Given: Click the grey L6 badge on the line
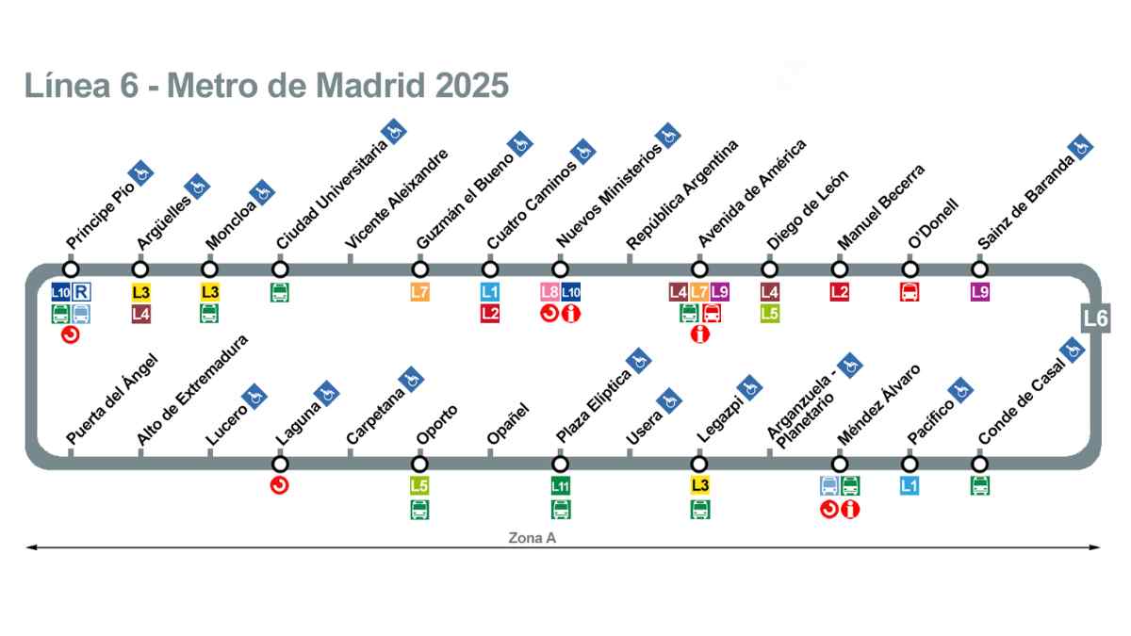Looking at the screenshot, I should pyautogui.click(x=1095, y=318).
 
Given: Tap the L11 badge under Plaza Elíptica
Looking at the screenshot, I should pyautogui.click(x=561, y=486).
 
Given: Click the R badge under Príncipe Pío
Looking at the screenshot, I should pyautogui.click(x=81, y=292).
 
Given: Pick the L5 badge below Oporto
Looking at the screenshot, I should pyautogui.click(x=419, y=486).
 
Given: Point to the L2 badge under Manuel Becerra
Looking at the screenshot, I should pyautogui.click(x=840, y=292).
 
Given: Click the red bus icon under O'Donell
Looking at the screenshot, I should pyautogui.click(x=910, y=292).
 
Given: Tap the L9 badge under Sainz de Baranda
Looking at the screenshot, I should pyautogui.click(x=980, y=292).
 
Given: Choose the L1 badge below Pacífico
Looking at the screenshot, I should pyautogui.click(x=910, y=486).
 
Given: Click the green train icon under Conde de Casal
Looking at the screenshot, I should pyautogui.click(x=980, y=486).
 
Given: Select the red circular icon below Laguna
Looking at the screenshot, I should pyautogui.click(x=280, y=486).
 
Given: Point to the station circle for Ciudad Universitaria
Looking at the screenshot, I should pyautogui.click(x=280, y=269).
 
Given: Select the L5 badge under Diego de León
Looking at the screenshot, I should pyautogui.click(x=770, y=314).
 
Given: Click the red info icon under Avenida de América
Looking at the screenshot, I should pyautogui.click(x=699, y=334).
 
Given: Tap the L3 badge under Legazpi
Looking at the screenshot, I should pyautogui.click(x=699, y=486).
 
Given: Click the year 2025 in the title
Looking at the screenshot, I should pyautogui.click(x=472, y=85).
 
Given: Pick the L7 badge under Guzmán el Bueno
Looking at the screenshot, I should pyautogui.click(x=419, y=292).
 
